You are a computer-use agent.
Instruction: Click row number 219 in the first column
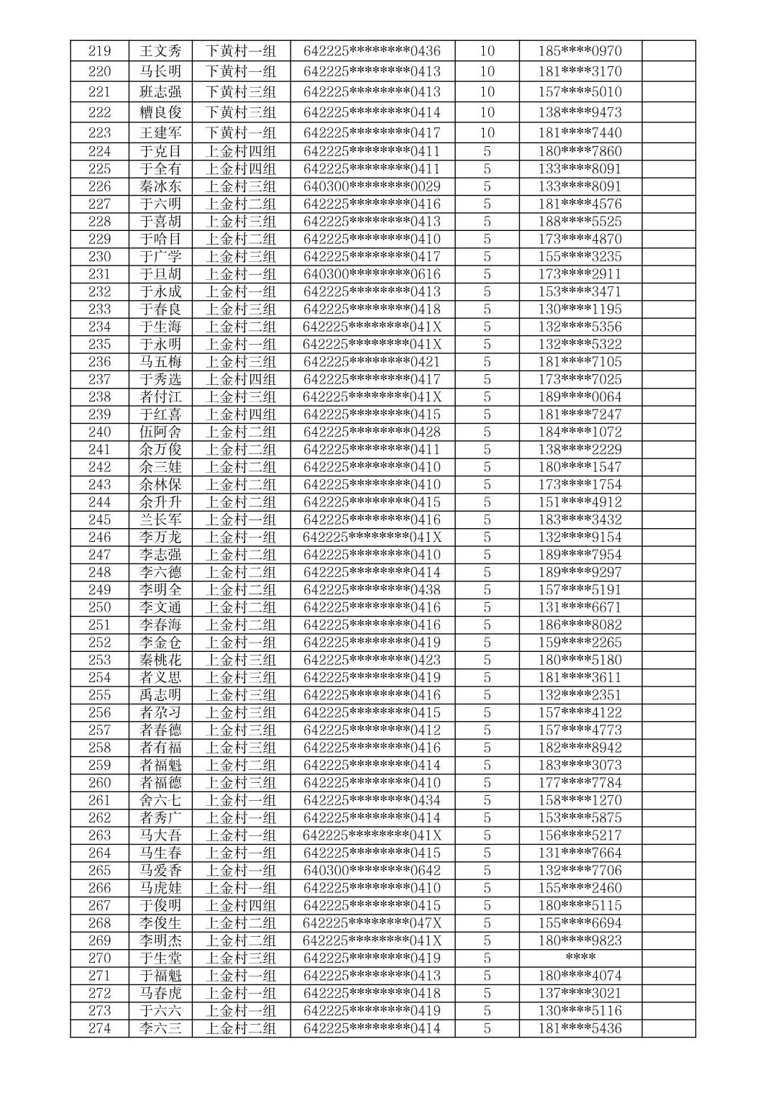coord(99,51)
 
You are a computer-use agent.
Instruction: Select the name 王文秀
coord(160,51)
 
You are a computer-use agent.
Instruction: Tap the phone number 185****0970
coord(580,51)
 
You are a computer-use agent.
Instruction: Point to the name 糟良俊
coord(160,112)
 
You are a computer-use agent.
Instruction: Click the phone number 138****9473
coord(580,112)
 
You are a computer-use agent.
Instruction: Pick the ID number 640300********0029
coord(372,186)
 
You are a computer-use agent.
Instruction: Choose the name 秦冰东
coord(160,186)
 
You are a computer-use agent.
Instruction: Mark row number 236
coord(99,362)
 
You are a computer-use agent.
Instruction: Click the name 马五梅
coord(160,362)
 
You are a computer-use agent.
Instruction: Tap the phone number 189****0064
coord(580,397)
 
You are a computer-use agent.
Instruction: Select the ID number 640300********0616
coord(372,274)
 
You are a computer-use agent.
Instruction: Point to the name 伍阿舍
coord(160,432)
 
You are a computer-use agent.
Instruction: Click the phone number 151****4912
coord(580,502)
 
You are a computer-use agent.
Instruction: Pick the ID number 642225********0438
coord(372,590)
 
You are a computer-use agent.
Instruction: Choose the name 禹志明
coord(160,695)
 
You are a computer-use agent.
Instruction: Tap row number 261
coord(99,800)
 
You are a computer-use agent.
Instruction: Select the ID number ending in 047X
coord(372,923)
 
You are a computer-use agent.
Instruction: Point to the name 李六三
coord(160,1028)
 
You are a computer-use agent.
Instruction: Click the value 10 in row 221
coord(487,92)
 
